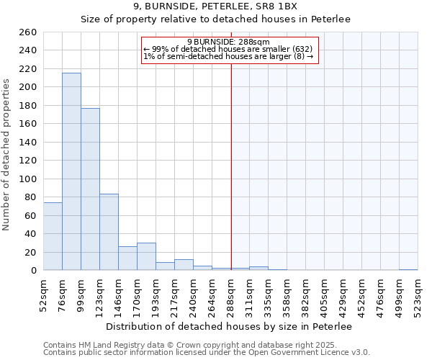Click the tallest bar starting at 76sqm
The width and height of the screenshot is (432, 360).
71,171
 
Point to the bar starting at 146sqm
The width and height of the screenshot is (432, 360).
127,258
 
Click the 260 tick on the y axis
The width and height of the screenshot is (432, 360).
28,32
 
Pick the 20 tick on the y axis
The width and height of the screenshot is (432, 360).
30,252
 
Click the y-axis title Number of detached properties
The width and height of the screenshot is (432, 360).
7,151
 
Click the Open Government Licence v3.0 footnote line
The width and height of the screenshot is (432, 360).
207,353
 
